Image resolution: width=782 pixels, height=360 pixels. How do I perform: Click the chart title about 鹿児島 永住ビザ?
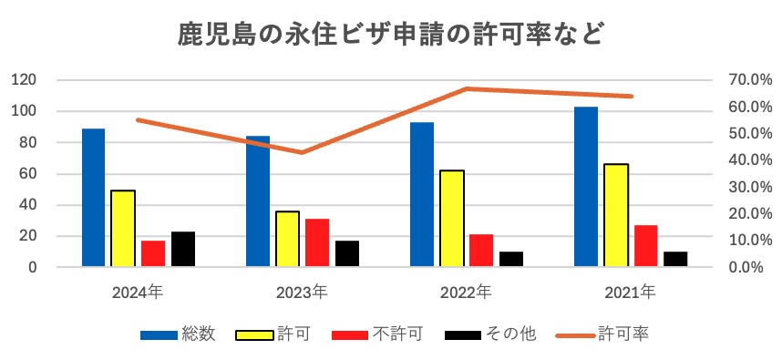(x=390, y=36)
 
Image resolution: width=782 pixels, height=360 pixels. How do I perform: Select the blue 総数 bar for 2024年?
(x=93, y=198)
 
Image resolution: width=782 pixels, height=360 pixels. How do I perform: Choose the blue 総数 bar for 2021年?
(x=586, y=187)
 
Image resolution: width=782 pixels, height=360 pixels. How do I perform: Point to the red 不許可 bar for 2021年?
(x=645, y=246)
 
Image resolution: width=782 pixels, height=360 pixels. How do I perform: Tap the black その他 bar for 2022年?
(x=511, y=259)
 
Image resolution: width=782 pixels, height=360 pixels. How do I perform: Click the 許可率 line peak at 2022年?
(x=466, y=88)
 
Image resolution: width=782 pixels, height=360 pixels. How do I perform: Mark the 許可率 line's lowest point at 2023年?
(x=302, y=152)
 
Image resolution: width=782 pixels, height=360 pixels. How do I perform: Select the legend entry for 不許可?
(x=378, y=334)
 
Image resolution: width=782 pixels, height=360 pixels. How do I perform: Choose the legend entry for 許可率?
(x=602, y=334)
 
